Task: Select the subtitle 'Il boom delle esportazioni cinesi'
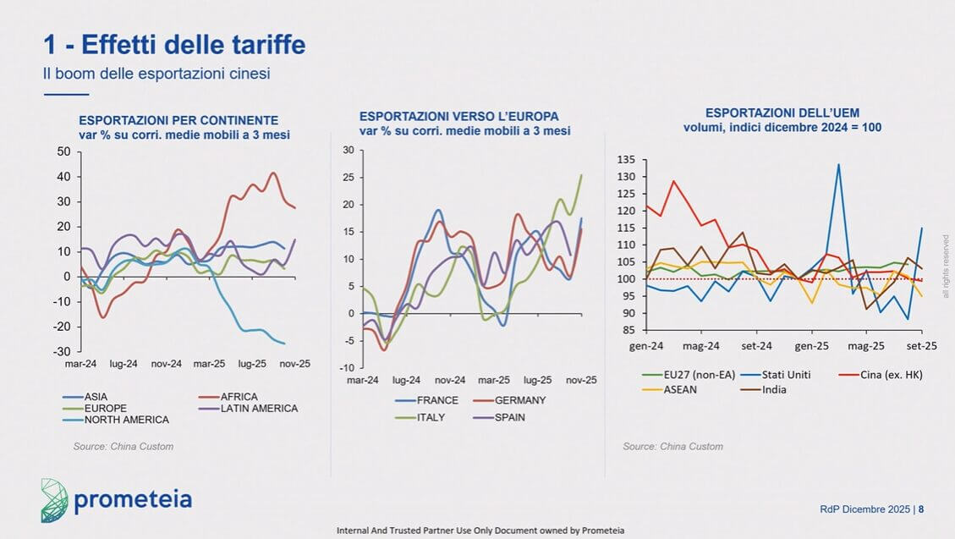coord(156,74)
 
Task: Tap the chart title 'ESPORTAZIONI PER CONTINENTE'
coord(178,120)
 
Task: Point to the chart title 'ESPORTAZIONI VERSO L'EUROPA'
coord(459,117)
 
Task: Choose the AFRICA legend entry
coord(239,396)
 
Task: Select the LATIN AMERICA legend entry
coord(258,408)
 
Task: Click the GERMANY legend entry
coord(519,400)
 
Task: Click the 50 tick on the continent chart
coord(63,151)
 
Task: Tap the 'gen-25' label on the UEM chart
coord(810,346)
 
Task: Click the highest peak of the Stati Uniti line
coord(838,165)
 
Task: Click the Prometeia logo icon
coord(54,499)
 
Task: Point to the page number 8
coord(921,509)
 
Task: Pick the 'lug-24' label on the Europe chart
coord(406,381)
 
